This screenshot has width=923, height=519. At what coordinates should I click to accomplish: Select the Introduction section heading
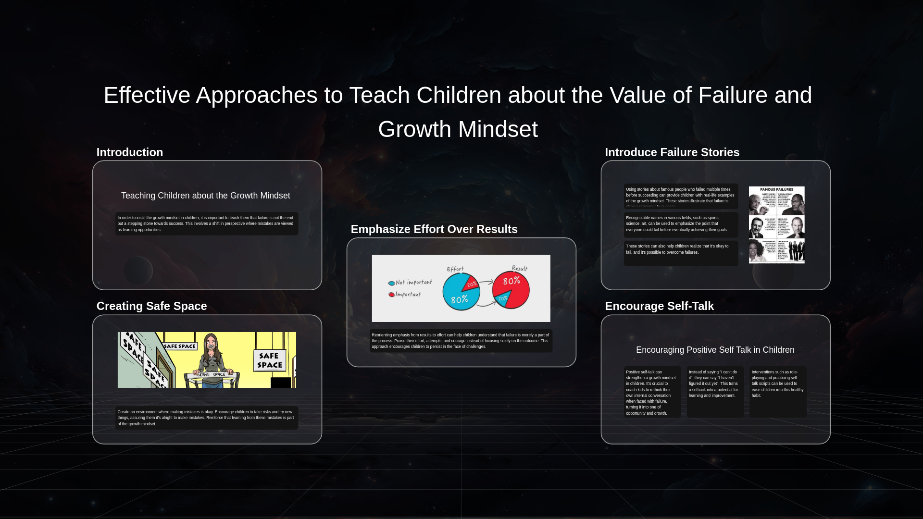[130, 152]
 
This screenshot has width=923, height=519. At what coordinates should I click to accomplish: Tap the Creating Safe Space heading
[151, 306]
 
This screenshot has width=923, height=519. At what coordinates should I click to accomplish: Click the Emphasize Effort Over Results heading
[434, 229]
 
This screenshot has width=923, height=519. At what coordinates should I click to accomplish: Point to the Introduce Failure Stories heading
[672, 152]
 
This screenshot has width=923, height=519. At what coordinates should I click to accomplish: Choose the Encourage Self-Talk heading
[659, 306]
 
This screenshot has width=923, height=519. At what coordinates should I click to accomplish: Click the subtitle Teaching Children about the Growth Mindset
[205, 196]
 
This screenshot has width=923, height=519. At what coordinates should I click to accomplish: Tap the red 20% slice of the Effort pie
[471, 284]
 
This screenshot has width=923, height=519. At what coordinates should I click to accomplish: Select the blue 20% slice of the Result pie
[502, 299]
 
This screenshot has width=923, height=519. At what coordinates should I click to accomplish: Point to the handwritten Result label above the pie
[520, 268]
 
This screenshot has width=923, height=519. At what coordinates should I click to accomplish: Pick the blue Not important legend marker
[391, 283]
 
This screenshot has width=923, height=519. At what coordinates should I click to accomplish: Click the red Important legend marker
[391, 295]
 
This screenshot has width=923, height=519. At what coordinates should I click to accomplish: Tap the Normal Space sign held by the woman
[212, 374]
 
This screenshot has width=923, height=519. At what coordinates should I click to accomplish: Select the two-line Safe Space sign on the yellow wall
[269, 360]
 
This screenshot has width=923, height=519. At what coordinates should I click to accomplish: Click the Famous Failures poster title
[776, 189]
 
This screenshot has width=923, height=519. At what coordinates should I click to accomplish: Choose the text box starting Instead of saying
[715, 384]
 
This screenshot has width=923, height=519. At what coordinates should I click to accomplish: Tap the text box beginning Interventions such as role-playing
[778, 384]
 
